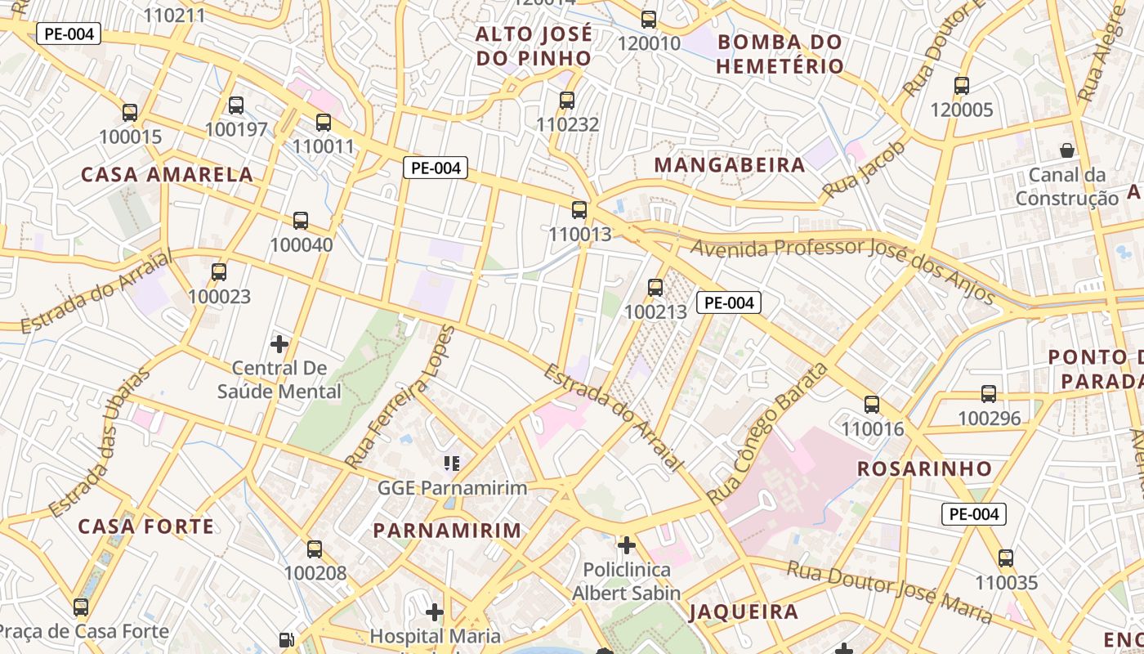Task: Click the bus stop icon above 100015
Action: [x=130, y=112]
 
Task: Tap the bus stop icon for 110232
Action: [x=567, y=101]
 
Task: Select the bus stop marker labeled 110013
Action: [x=579, y=210]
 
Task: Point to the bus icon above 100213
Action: [x=655, y=287]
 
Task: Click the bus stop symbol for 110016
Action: [x=872, y=404]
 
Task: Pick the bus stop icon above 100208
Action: [x=315, y=549]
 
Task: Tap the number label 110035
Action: [x=1006, y=583]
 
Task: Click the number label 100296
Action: [x=989, y=419]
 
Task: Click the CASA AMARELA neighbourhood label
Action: [x=167, y=174]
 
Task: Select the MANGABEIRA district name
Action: [x=730, y=165]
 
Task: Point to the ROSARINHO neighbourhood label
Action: [x=924, y=469]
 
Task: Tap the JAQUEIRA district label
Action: [x=744, y=612]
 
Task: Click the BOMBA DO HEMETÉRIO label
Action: [x=780, y=54]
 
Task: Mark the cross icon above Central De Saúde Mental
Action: [x=279, y=343]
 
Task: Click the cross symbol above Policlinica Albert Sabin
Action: [x=627, y=544]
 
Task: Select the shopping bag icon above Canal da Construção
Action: [x=1067, y=150]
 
